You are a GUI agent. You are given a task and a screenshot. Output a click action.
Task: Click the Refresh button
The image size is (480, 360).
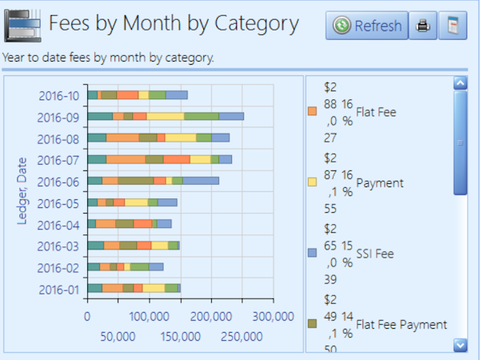(367, 26)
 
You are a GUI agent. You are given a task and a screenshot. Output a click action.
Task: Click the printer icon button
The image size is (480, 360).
(423, 26)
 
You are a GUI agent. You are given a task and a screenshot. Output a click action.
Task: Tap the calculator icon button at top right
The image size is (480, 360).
(453, 26)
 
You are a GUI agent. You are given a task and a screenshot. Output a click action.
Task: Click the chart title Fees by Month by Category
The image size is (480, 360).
(173, 24)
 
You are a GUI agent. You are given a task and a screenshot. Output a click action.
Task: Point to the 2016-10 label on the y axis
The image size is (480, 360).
(58, 96)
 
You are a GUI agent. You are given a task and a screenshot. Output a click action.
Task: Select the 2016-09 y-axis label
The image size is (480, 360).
(58, 118)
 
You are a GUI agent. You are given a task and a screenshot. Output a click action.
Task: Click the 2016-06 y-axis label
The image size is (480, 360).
(58, 182)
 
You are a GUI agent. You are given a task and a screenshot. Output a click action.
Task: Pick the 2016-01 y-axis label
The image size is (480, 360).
(58, 290)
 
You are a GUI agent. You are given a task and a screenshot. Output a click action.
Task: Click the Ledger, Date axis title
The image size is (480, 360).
(22, 192)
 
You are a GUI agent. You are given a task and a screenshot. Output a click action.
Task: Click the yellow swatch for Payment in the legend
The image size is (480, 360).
(313, 182)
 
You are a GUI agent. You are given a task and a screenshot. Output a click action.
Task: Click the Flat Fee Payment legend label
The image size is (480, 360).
(401, 324)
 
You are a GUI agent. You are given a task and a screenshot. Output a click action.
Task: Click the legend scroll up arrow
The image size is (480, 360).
(459, 82)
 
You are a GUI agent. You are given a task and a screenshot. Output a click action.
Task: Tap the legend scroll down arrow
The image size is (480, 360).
(459, 344)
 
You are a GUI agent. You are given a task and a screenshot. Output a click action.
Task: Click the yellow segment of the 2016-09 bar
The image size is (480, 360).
(165, 117)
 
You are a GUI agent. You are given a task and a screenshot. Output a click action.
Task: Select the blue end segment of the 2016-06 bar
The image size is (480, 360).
(201, 181)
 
